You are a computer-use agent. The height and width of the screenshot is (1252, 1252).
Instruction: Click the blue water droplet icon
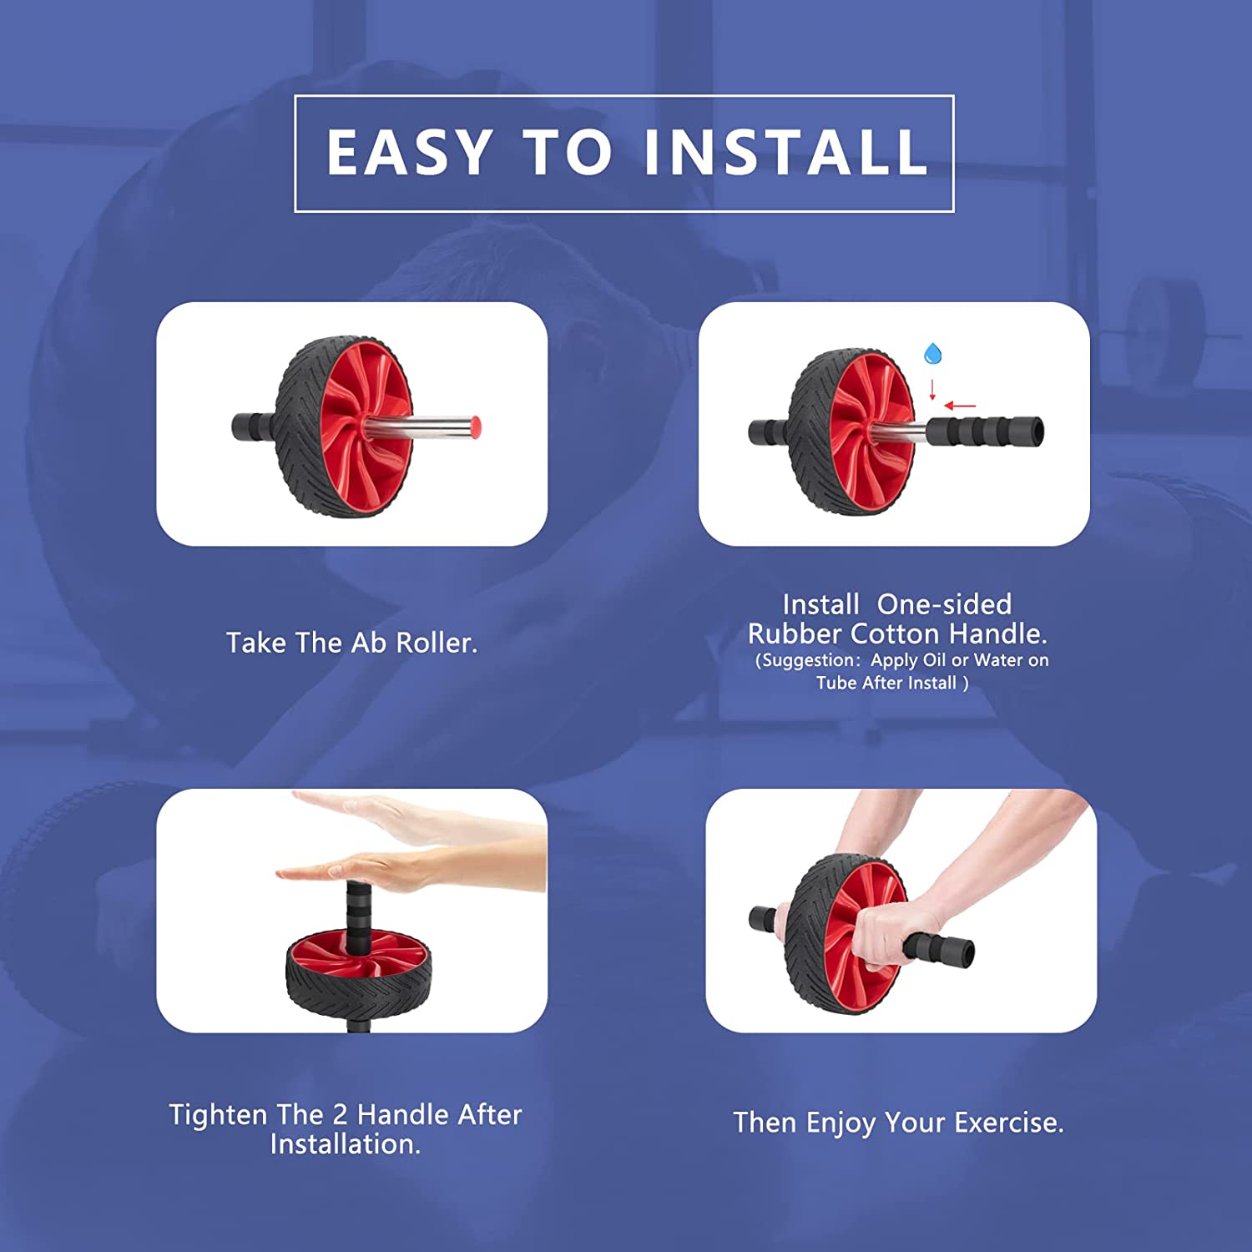(932, 354)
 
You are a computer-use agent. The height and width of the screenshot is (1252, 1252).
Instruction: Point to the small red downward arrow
(932, 390)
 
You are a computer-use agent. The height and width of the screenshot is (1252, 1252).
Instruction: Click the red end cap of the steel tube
(475, 427)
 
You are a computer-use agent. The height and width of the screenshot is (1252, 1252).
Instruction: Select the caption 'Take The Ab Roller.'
(351, 643)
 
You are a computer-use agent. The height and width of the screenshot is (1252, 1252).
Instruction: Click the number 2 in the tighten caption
(340, 1114)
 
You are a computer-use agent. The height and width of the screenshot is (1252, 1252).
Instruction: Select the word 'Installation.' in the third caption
(346, 1144)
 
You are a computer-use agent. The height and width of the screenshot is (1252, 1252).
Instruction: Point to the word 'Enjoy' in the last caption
(841, 1123)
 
